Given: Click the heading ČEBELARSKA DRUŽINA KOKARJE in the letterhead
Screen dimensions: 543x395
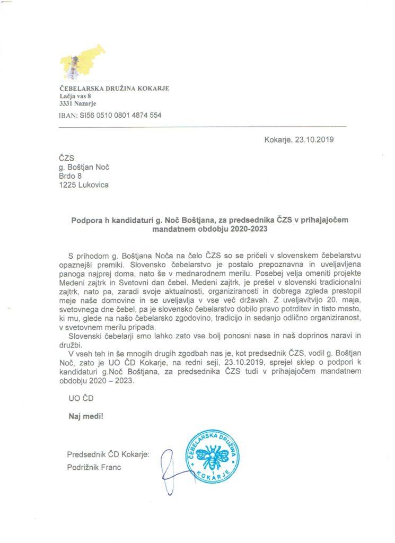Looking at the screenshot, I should [115, 88].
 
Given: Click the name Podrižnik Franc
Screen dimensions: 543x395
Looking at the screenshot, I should [95, 467].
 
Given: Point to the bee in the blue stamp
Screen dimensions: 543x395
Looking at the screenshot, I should [216, 454].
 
